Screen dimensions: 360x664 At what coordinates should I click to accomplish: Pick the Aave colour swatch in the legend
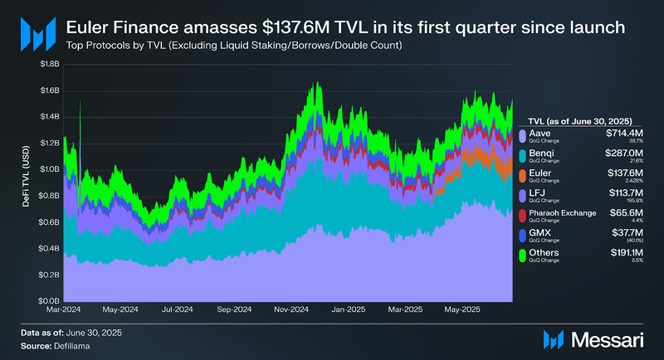521,136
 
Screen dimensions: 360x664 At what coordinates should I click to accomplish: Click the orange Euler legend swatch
521,177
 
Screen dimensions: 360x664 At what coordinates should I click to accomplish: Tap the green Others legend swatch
521,256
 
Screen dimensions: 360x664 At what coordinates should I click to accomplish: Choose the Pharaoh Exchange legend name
562,213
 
